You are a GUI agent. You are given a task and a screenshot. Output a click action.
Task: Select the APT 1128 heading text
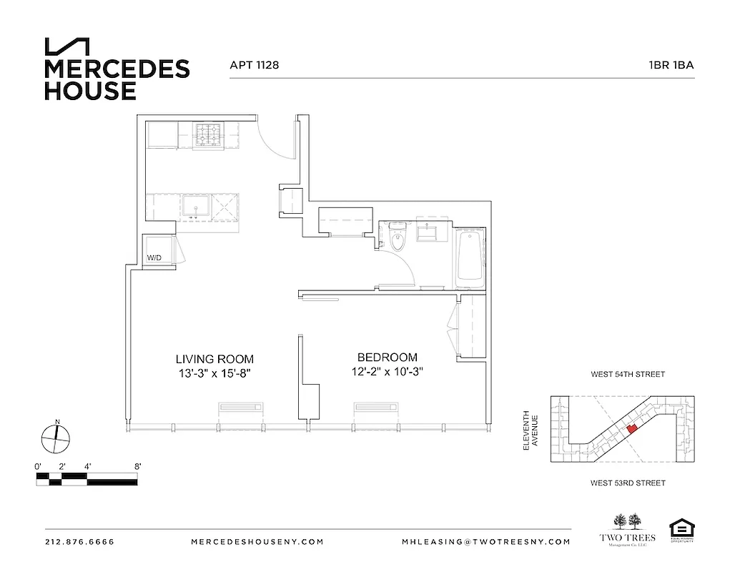point(254,65)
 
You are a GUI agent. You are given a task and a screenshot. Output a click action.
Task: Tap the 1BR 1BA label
point(671,65)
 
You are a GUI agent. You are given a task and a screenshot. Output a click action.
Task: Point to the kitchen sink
point(194,208)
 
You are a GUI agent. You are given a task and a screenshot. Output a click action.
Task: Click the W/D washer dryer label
point(154,257)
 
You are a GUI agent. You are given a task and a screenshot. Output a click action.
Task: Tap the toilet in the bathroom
point(398,238)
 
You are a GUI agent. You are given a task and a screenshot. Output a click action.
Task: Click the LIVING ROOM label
point(214,359)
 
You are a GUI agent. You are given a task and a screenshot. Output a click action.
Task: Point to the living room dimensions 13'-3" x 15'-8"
point(214,373)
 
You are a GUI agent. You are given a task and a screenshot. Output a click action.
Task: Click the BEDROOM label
point(387,357)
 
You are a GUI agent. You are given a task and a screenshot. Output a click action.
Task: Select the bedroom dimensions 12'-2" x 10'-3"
point(387,371)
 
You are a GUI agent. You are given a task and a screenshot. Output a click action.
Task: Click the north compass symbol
point(56,436)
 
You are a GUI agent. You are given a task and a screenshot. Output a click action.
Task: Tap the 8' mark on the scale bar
point(137,466)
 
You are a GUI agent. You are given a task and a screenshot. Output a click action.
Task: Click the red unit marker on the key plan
point(631,429)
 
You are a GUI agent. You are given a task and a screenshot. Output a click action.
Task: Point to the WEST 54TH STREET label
point(627,375)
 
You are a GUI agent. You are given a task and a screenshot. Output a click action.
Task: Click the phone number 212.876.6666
point(79,541)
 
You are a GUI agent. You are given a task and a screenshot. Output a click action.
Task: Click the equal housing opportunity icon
point(681,531)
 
